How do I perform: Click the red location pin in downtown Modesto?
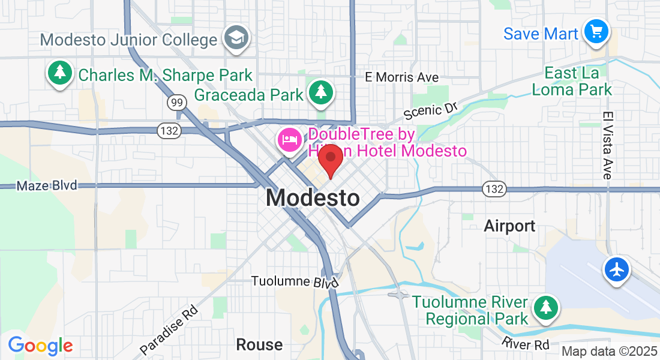(330, 160)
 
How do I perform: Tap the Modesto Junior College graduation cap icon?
(236, 38)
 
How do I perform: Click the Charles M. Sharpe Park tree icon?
(59, 74)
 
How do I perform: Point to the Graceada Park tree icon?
(322, 92)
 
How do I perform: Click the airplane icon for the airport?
(617, 269)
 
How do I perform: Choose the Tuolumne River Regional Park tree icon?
(545, 308)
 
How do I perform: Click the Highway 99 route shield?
(176, 103)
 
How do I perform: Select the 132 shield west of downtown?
(167, 130)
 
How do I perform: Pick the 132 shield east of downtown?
(495, 189)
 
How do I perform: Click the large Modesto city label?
(313, 198)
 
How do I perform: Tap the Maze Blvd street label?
(47, 185)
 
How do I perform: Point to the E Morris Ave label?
(402, 77)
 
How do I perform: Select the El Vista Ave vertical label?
(607, 145)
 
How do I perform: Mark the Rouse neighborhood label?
(259, 344)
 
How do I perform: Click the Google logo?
(40, 346)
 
